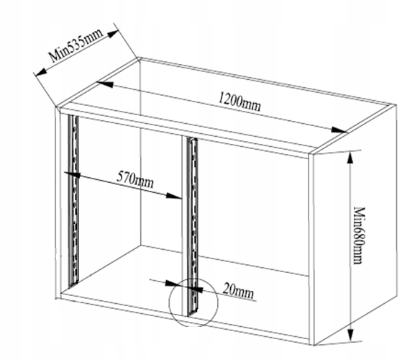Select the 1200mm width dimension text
click(x=239, y=102)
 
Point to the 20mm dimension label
click(x=238, y=291)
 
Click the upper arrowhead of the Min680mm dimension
click(x=350, y=158)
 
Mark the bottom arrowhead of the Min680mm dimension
click(x=350, y=336)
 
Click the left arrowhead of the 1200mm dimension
click(x=105, y=84)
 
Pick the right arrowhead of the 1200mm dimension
click(x=339, y=130)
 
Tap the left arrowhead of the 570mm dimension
click(x=72, y=174)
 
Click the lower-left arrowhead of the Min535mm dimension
click(x=41, y=71)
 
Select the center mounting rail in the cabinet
click(x=192, y=226)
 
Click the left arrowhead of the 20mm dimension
click(x=173, y=283)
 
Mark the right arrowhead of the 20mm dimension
click(x=197, y=289)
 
